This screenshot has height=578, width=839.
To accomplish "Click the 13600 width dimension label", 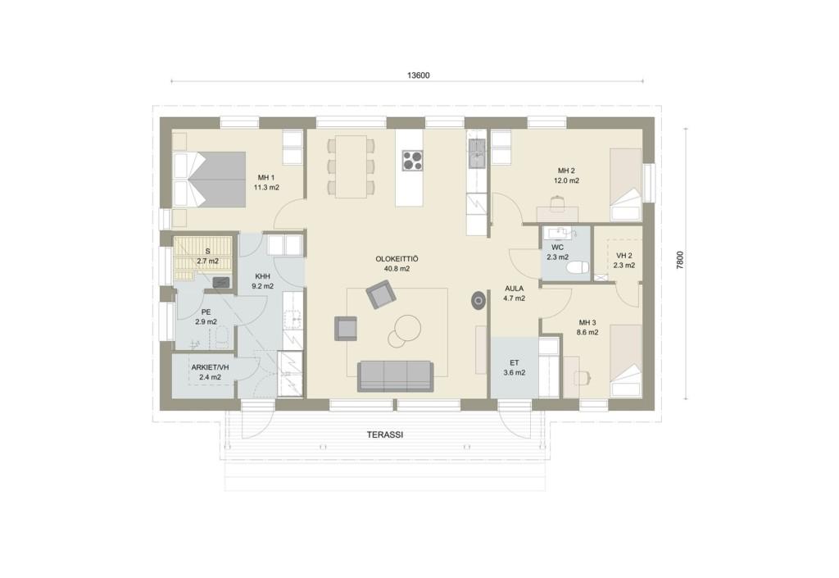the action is pos(418,75).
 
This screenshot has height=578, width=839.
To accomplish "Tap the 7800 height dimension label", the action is pos(680,260).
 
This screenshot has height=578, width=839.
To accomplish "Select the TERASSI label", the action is pos(385,435).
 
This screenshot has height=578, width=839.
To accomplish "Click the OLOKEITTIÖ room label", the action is pos(397,259).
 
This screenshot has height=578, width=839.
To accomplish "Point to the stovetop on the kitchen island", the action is pos(412,160).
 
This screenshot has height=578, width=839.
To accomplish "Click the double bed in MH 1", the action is pos(209,180).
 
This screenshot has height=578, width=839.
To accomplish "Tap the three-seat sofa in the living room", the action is pos(395,375).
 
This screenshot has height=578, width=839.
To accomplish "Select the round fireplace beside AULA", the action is pos(478,301).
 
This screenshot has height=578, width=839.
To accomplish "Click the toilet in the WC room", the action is pos(578,267).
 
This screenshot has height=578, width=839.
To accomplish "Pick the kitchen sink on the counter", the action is pos(476,152).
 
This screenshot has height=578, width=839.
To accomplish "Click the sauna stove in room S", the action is pos(221,282).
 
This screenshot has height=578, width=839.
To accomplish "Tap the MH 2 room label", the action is pos(566,171).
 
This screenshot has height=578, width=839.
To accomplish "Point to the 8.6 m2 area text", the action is pos(587,332).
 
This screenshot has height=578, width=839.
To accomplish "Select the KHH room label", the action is pos(263,276).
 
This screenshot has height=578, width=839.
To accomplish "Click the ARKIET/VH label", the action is pos(211,367).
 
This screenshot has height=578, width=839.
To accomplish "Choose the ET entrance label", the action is pos(515,363).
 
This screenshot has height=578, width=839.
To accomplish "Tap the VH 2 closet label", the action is pos(624,256).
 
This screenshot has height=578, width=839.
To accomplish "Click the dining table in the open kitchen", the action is pos(351,166).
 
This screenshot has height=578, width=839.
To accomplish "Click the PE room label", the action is pos(206,312).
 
